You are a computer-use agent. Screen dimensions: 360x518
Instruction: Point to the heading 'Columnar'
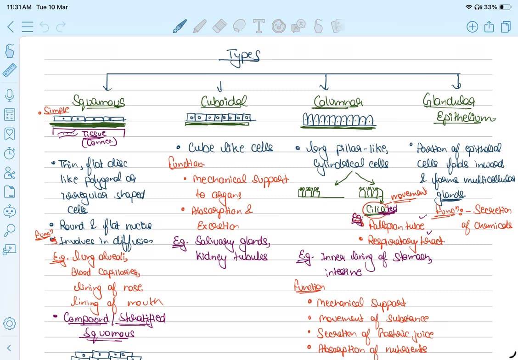coord(338,101)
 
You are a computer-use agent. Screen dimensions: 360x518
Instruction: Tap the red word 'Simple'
coord(57,110)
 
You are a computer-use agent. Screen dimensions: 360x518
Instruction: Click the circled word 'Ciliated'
coord(380,209)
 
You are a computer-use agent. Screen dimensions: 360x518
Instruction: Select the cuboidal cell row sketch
coord(219,118)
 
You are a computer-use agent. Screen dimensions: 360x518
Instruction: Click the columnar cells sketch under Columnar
coord(338,120)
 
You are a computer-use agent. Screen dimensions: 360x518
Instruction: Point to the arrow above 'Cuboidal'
coord(221,86)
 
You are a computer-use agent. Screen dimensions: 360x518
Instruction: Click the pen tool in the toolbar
coord(180,26)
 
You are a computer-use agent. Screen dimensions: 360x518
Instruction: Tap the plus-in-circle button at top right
coord(472,27)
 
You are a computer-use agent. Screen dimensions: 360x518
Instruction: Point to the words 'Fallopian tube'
coord(397,226)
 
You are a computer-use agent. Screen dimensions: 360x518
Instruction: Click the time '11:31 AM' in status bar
coord(19,7)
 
